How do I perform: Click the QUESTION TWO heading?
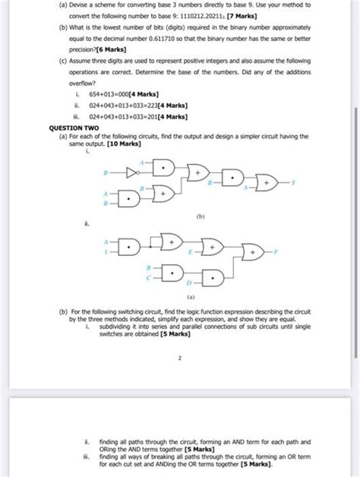pyautogui.click(x=71, y=128)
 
